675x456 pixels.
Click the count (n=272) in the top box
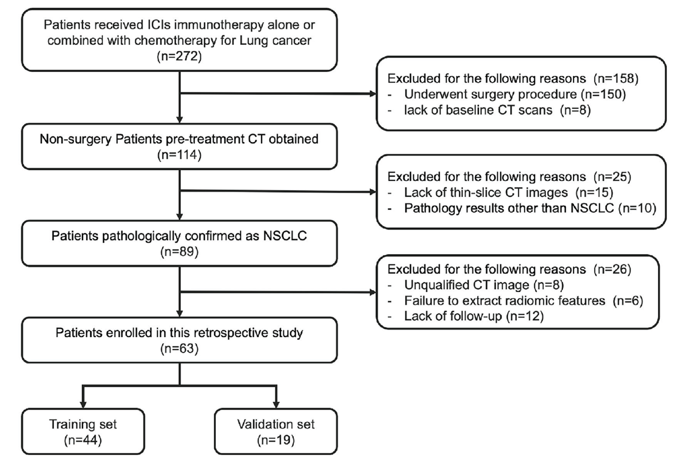179,56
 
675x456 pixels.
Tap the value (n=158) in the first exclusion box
616,79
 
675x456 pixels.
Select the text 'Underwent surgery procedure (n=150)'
515,94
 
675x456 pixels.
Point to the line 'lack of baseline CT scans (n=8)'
497,110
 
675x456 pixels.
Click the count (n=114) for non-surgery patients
179,155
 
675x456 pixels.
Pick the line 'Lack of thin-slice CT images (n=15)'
509,192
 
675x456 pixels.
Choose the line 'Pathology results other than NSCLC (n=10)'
530,208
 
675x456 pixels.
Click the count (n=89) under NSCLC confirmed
179,252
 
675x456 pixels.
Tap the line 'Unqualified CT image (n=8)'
484,285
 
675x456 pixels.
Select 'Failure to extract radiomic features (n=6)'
524,301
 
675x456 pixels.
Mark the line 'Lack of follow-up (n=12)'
474,316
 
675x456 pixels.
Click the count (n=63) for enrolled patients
179,348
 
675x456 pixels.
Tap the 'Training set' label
83,424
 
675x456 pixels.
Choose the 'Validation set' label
275,424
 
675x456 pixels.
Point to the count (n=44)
83,440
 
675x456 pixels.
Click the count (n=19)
275,440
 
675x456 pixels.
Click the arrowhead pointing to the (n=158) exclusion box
373,93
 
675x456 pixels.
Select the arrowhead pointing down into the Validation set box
276,404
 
